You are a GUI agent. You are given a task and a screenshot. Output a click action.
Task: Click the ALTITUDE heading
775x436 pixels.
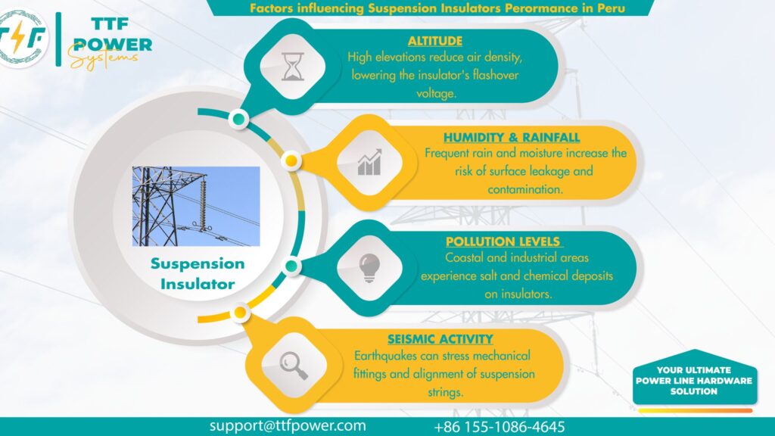click(435, 41)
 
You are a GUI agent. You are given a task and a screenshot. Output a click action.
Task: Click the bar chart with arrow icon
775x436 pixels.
click(369, 163)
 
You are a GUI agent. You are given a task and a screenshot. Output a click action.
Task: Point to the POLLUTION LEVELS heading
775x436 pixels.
click(504, 241)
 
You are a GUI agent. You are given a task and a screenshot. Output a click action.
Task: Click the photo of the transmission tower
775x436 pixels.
click(196, 206)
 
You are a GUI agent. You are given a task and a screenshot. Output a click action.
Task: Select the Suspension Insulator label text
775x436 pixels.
click(197, 274)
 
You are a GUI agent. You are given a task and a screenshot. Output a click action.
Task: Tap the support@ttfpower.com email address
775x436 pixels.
click(288, 426)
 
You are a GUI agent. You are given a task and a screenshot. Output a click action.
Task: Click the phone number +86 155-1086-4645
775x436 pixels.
click(500, 427)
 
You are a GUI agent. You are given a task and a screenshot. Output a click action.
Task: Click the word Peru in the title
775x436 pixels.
click(615, 8)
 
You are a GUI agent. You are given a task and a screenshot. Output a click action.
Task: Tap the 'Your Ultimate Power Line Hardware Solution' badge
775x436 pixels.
click(693, 381)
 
